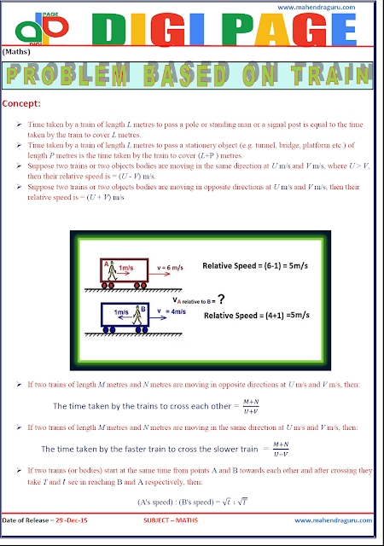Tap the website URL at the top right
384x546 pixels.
click(331, 11)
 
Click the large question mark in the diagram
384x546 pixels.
click(222, 299)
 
